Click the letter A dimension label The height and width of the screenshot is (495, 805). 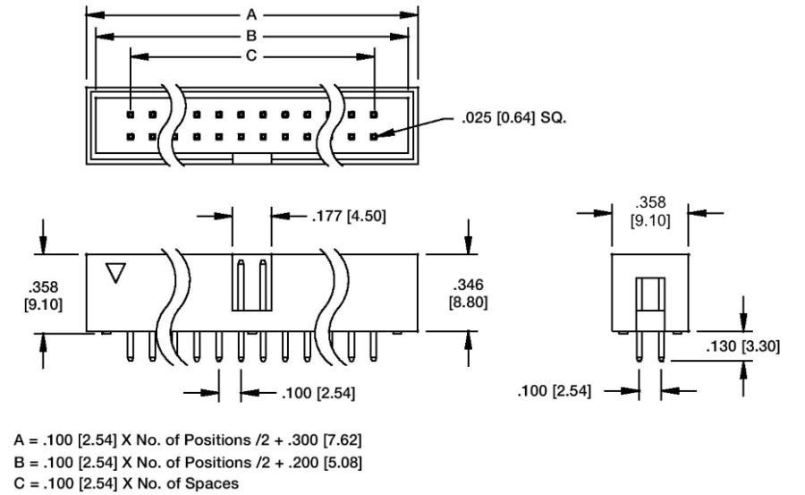coord(251,15)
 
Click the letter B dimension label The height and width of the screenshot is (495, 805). coord(251,36)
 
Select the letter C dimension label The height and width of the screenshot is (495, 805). coord(251,55)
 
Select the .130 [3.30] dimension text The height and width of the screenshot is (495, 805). coord(742,346)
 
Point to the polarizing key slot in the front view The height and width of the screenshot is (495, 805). coord(251,282)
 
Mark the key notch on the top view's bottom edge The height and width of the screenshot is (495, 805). coord(251,158)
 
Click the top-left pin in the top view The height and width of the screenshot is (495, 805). coord(131,115)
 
